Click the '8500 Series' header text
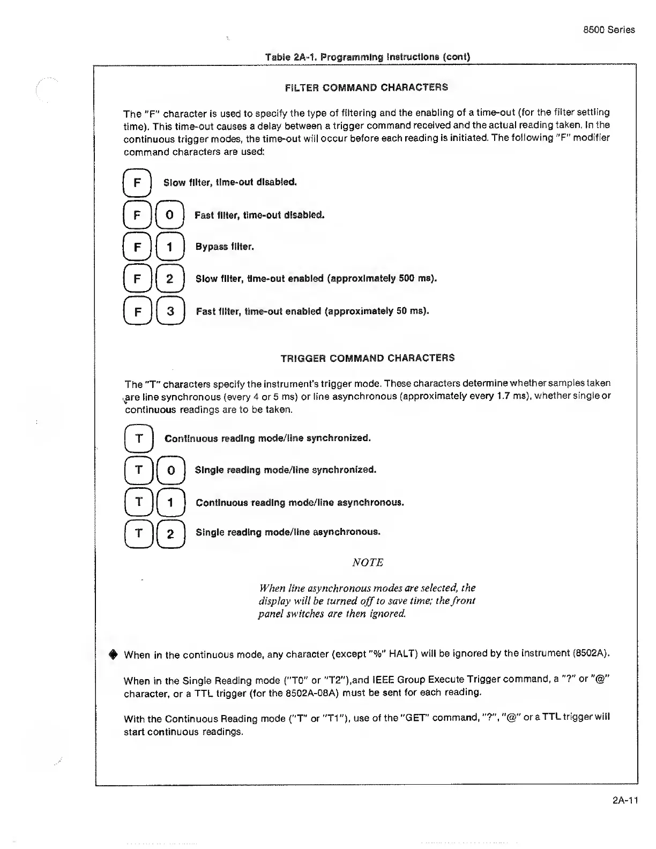point(609,30)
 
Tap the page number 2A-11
point(625,801)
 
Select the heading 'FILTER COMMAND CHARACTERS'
point(366,87)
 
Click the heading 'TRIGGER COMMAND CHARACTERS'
point(368,358)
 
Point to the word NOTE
point(368,562)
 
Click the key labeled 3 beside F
point(170,311)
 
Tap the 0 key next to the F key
point(169,215)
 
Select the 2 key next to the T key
point(170,534)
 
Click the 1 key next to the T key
point(170,502)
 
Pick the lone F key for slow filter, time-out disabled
point(137,183)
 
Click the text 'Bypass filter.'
point(225,247)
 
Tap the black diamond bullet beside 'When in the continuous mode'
point(113,654)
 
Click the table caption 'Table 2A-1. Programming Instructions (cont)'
point(368,57)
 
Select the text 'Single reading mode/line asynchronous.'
point(288,532)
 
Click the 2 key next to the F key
point(170,279)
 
